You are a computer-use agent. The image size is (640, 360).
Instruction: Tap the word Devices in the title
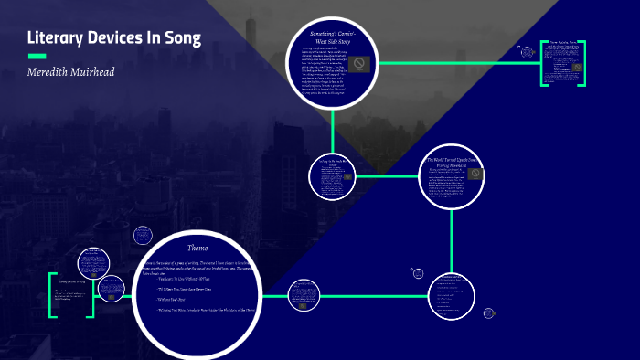pyautogui.click(x=123, y=38)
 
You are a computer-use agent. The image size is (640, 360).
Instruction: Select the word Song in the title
pyautogui.click(x=184, y=38)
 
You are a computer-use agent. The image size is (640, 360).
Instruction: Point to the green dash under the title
pyautogui.click(x=37, y=57)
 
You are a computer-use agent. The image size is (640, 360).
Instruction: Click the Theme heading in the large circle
pyautogui.click(x=197, y=248)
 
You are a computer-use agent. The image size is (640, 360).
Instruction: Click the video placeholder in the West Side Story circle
pyautogui.click(x=361, y=63)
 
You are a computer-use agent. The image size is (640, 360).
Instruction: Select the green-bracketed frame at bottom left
pyautogui.click(x=71, y=294)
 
